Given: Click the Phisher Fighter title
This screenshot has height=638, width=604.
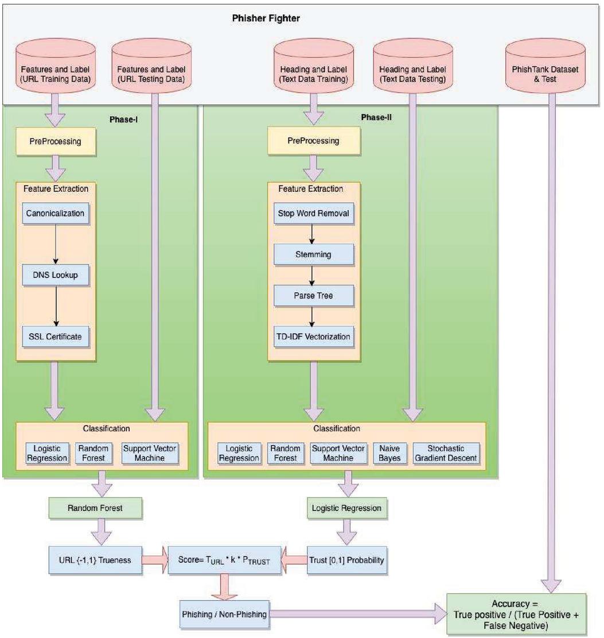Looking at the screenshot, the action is click(x=266, y=18).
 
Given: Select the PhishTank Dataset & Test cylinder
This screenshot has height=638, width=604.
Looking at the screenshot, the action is click(x=545, y=66).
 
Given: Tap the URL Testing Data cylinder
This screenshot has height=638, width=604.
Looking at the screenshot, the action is click(x=151, y=66).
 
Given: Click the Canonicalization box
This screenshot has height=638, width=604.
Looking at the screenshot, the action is click(x=55, y=213).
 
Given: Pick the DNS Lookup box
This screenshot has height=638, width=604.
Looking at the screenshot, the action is click(x=55, y=275).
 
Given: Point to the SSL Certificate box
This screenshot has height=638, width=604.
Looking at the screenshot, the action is click(x=55, y=337).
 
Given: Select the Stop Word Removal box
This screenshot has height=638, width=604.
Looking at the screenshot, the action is click(x=313, y=213).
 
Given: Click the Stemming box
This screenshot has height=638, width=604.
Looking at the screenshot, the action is click(x=313, y=254).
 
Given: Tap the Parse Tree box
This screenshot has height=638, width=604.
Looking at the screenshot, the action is click(x=313, y=295).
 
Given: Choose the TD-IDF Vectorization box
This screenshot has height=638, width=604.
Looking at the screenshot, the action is click(x=313, y=337).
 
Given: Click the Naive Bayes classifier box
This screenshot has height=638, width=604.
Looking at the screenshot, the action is click(x=389, y=453).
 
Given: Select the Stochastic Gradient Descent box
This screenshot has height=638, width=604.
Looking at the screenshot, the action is click(x=446, y=453).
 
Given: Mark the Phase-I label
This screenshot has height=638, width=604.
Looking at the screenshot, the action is click(x=123, y=119).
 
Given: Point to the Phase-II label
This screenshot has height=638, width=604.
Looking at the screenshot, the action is click(x=376, y=117).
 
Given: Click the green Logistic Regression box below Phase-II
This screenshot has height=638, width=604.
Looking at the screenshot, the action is click(x=346, y=508).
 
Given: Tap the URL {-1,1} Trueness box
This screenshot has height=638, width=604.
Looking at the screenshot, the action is click(x=95, y=560).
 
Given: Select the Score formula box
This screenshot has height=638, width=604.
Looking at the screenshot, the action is click(x=224, y=560).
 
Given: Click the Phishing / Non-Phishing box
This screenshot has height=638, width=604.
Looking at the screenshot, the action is click(x=224, y=614).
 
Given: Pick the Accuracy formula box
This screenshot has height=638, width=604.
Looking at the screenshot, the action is click(x=516, y=614).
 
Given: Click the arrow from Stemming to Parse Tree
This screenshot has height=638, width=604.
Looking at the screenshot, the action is click(x=312, y=276).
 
